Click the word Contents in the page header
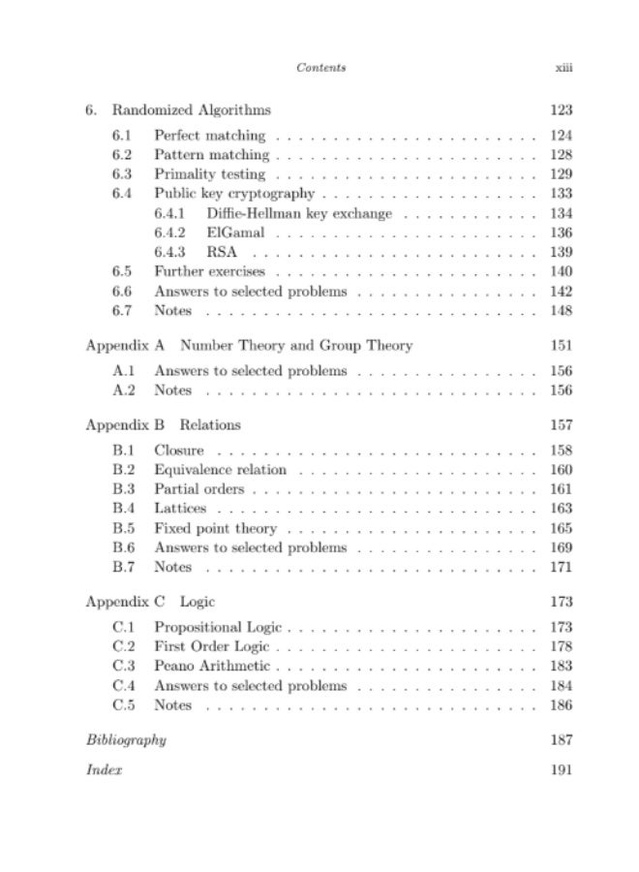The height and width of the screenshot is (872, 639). pos(321,68)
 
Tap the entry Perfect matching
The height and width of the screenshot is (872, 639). pos(209,135)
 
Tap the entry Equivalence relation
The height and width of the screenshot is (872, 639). pos(220,470)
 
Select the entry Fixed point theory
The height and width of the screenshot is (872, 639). pos(215,528)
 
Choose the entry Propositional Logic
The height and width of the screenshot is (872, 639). pos(220,628)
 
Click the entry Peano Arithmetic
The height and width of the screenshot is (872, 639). pos(212,667)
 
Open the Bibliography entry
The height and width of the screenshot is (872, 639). pos(126,740)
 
